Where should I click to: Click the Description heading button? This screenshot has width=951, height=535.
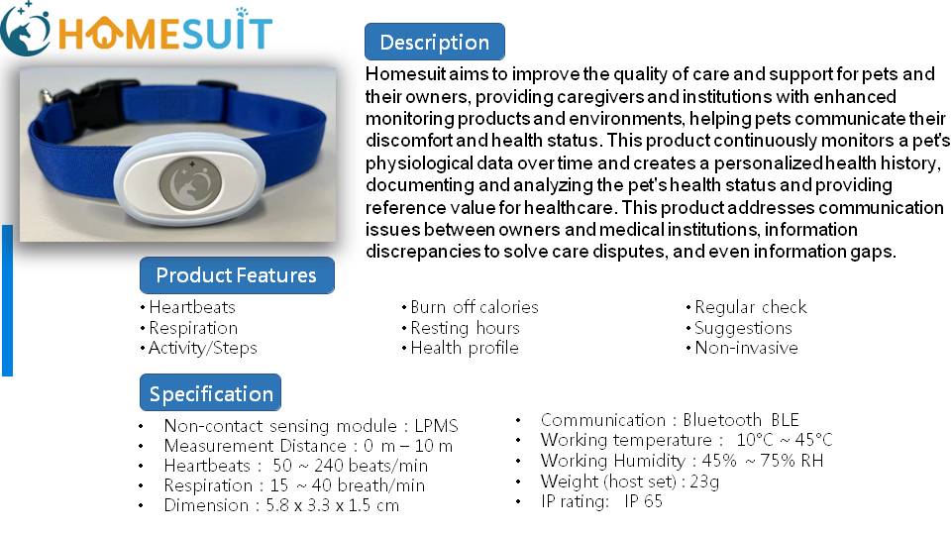pos(434,42)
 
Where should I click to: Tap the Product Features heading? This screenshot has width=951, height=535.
pos(237,275)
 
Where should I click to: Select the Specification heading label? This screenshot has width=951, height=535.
pos(210,393)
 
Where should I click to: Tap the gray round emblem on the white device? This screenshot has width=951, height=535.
pos(190,182)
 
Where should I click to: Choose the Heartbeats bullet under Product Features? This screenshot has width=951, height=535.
pos(191,307)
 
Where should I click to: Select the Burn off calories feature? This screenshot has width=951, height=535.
pos(475,307)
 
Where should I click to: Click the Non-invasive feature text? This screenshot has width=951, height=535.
pos(746,348)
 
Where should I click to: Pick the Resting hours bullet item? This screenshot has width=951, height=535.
pos(465,328)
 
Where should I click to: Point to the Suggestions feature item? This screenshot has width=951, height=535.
pos(743,328)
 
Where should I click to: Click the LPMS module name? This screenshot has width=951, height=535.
pos(436,426)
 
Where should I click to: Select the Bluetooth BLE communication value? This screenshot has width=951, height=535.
pos(741,420)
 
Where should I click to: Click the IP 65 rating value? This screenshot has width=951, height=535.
pos(643,501)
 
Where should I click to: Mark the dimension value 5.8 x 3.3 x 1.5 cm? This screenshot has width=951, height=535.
pos(333,505)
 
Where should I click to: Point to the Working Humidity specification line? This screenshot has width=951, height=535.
pos(682,461)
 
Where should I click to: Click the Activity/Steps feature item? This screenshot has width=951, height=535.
pos(202,348)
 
